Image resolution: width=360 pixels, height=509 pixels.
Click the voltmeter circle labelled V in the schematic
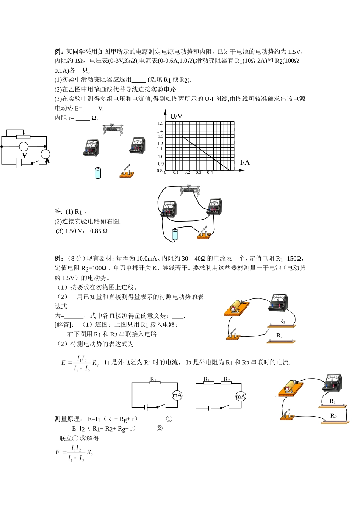click(x=24, y=147)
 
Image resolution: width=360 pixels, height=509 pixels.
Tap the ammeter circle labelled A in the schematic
click(x=45, y=154)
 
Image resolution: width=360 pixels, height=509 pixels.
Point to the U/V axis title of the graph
click(x=176, y=116)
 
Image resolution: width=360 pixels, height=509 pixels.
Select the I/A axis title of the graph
click(x=245, y=162)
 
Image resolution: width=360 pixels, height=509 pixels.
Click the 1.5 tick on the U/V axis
click(x=160, y=123)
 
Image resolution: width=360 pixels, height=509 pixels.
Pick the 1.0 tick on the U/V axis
click(x=160, y=156)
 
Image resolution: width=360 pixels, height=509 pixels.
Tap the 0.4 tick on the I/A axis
click(x=210, y=173)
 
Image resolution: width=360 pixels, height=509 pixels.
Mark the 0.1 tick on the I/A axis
click(x=176, y=173)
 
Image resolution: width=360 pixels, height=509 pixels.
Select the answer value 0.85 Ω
click(x=99, y=231)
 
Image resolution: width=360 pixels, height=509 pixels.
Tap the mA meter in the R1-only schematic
click(x=177, y=395)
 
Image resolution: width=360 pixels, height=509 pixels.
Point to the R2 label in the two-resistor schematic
click(x=227, y=379)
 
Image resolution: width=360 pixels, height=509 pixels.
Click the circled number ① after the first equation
click(x=169, y=419)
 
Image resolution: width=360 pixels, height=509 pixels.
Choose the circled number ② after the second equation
click(x=160, y=428)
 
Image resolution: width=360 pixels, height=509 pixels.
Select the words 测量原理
click(x=68, y=419)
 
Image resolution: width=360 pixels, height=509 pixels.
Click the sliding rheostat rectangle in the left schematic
click(x=23, y=137)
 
